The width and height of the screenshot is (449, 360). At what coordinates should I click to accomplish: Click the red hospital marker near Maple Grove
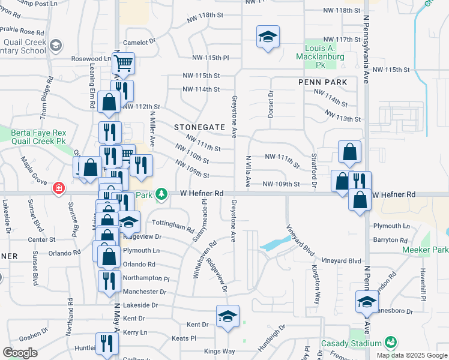coord(59,188)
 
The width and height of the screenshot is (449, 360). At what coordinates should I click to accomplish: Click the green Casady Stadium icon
coord(391,342)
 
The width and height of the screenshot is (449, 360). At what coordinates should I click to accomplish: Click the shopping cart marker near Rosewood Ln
coord(123,63)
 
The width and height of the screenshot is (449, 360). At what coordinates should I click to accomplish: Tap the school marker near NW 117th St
coord(268,37)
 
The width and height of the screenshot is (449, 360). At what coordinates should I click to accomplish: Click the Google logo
coord(20,353)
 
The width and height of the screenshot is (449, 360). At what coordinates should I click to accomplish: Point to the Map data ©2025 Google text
coord(412,355)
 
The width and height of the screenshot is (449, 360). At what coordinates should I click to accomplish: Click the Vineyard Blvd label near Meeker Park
coord(341,261)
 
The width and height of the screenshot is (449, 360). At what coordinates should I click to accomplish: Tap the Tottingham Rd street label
coord(173,226)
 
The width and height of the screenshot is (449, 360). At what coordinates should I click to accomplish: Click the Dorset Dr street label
coord(270,103)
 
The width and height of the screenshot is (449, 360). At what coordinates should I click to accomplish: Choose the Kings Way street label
coord(219,351)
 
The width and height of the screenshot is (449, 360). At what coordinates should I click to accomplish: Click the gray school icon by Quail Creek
coord(56,46)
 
